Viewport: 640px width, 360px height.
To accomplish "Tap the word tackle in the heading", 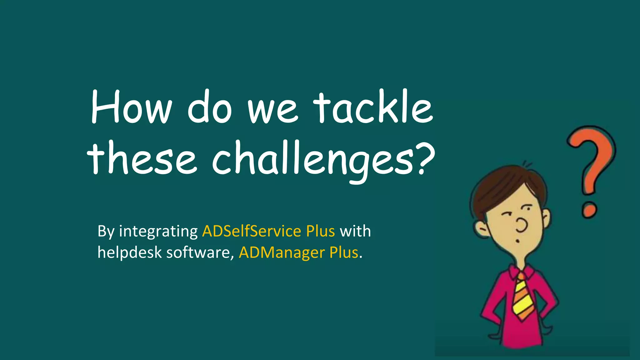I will tap(373, 107).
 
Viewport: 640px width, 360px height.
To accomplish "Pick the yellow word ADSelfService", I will tap(251, 232).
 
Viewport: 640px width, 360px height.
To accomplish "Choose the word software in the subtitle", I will tap(200, 252).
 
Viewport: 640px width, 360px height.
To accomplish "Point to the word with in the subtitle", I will tap(355, 232).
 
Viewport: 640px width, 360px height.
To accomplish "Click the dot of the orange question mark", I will tap(589, 210).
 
